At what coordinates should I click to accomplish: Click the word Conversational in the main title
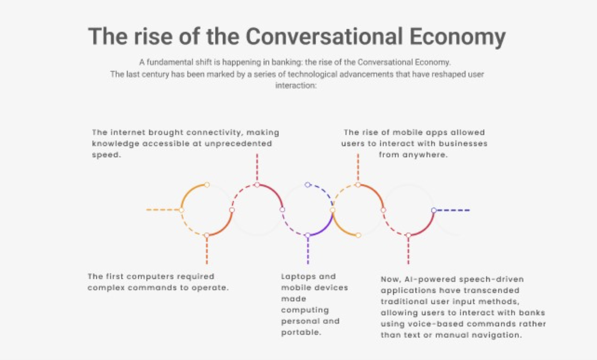(324, 36)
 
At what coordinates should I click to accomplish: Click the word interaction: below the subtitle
(296, 86)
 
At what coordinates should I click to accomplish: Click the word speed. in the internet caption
(107, 155)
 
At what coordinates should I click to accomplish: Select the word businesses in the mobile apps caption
(463, 144)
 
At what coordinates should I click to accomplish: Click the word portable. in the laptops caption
(301, 332)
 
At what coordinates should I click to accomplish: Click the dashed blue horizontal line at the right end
(453, 210)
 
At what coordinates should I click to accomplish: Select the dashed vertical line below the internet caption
(257, 168)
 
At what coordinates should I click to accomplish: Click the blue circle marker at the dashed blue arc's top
(307, 184)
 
